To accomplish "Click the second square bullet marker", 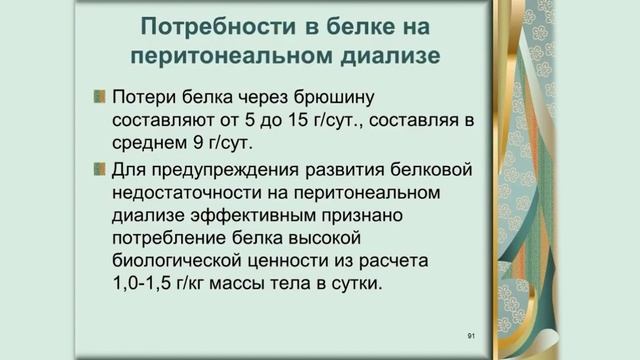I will point(99,167).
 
